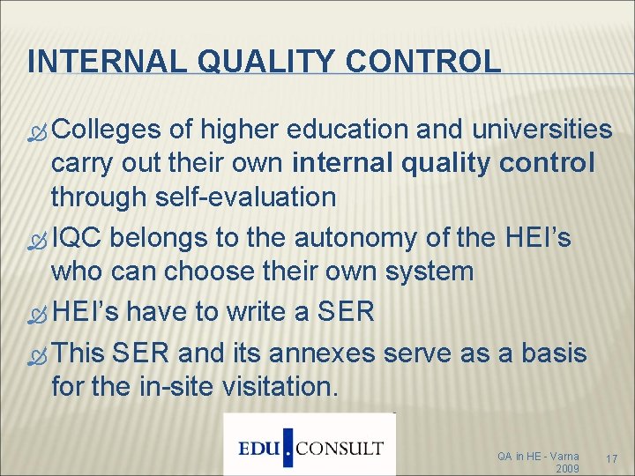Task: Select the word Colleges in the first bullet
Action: (x=106, y=130)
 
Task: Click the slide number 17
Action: (x=615, y=459)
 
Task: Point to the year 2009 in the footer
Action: (x=567, y=468)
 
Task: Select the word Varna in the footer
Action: (x=562, y=456)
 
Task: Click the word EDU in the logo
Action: (x=260, y=448)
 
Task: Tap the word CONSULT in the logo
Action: (x=340, y=448)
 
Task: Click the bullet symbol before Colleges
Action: (x=38, y=131)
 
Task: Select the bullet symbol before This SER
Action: (x=38, y=354)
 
